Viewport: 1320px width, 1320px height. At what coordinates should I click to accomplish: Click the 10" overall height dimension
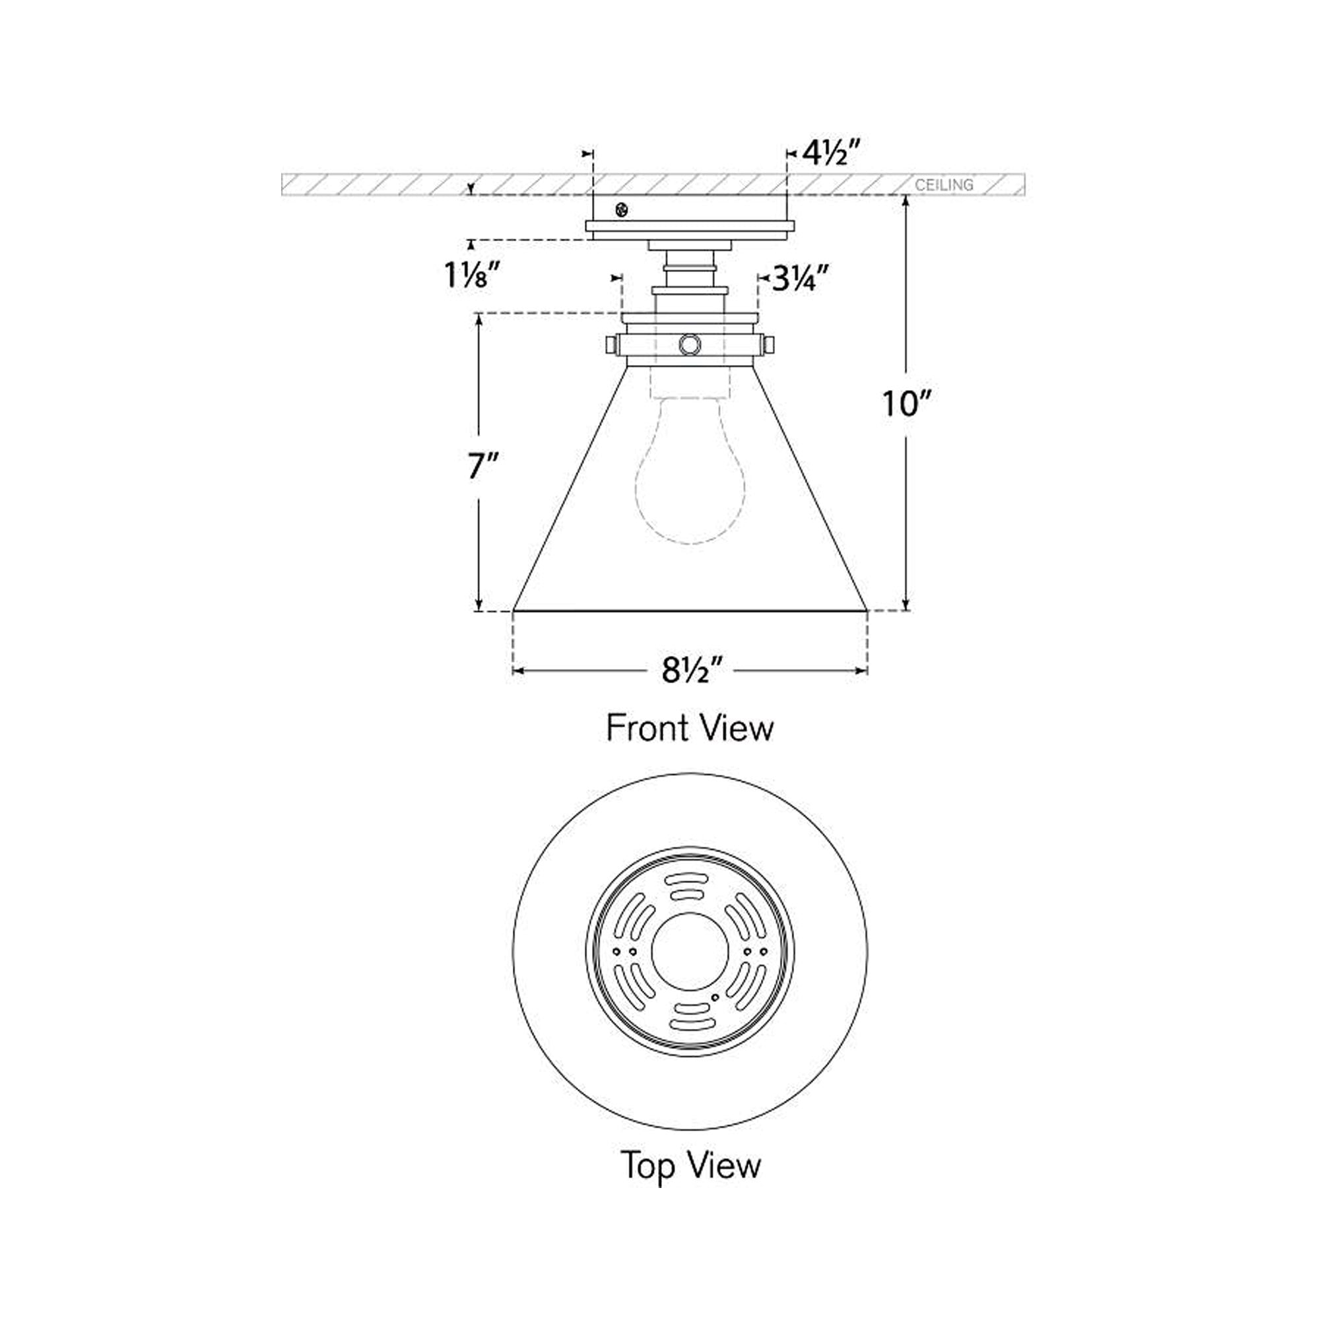(x=907, y=403)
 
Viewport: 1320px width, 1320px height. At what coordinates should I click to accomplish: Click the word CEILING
(x=944, y=185)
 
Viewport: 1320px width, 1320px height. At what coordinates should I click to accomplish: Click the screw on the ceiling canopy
(x=622, y=210)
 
